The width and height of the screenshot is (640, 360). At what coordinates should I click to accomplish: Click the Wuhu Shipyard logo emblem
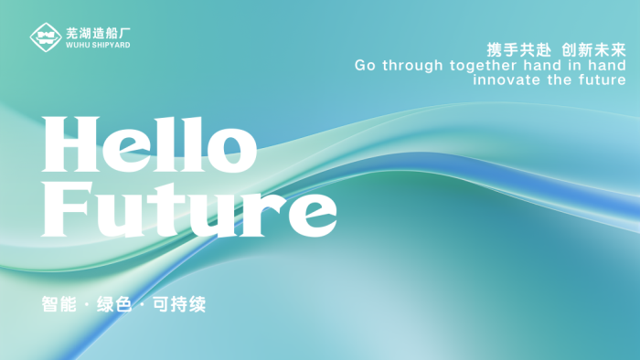click(45, 37)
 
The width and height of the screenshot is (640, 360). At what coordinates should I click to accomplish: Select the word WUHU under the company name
click(76, 45)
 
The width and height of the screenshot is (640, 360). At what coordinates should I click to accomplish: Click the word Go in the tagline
click(365, 66)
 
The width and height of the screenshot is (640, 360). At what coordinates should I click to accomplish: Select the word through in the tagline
click(412, 66)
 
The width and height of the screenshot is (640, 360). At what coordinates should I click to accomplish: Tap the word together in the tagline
click(486, 66)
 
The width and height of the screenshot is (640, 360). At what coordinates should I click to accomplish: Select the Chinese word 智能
click(58, 304)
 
